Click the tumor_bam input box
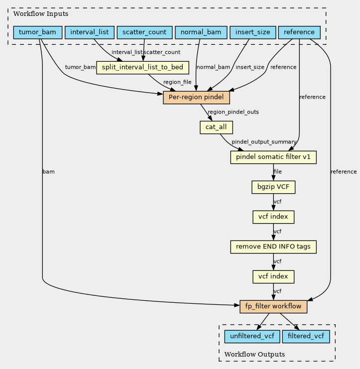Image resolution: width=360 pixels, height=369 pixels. [x=38, y=32]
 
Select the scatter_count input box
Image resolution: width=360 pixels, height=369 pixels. [x=144, y=32]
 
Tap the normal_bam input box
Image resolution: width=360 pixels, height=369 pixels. [x=201, y=32]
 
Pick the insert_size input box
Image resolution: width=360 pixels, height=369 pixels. [x=253, y=32]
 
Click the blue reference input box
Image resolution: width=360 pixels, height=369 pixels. [x=299, y=32]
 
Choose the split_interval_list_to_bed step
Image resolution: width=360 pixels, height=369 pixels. [x=142, y=68]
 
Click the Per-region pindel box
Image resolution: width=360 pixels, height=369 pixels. [x=196, y=98]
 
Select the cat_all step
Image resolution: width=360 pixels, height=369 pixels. [x=216, y=127]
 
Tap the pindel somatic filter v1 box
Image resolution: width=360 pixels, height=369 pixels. [x=273, y=157]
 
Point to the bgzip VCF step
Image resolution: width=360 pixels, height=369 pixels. [x=273, y=187]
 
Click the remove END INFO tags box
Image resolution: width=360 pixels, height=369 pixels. [x=273, y=247]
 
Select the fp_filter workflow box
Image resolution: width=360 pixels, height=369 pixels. [x=273, y=307]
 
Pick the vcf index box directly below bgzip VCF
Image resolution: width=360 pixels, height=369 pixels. [x=273, y=217]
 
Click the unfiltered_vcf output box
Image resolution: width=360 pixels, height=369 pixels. [x=252, y=337]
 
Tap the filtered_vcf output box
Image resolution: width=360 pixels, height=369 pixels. [x=306, y=337]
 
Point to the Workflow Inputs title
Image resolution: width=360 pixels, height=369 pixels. [x=41, y=14]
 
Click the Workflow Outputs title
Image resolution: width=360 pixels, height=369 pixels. [x=254, y=354]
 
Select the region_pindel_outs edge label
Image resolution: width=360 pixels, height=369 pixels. [x=233, y=112]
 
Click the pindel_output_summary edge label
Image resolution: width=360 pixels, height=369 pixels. [x=264, y=142]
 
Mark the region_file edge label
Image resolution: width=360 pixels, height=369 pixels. [x=177, y=82]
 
